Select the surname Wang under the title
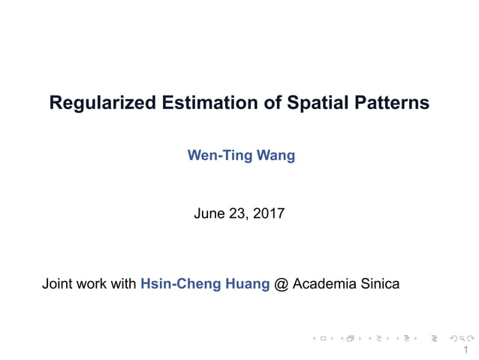pos(276,156)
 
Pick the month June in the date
pos(209,213)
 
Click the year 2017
pos(269,213)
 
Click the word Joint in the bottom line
pos(57,284)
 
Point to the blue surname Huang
pos(243,284)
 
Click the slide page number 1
pos(466,350)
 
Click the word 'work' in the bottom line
pos(92,284)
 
